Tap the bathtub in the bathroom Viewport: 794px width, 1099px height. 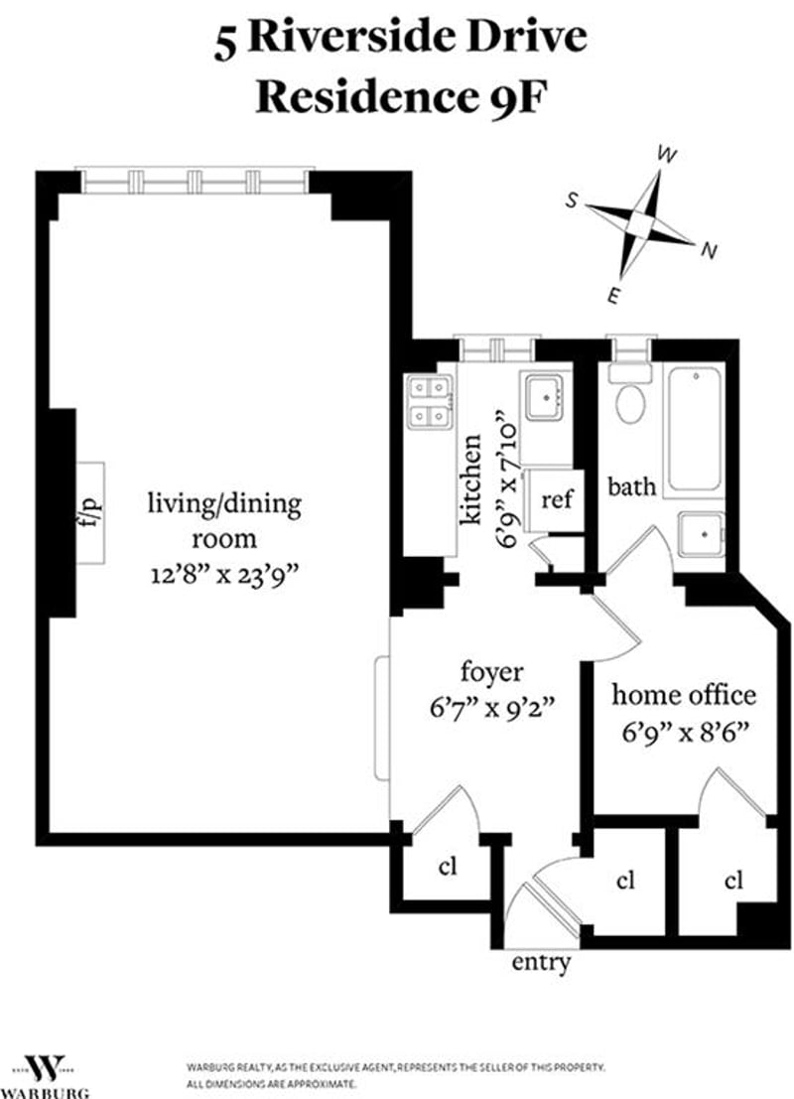coord(695,429)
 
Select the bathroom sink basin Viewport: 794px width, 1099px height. coord(701,535)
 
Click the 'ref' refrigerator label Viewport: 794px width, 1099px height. coord(557,499)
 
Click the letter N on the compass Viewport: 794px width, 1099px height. coord(710,250)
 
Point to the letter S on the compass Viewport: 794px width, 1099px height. coord(572,202)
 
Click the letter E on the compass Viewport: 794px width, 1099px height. coord(613,297)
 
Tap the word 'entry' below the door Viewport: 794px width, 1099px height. coord(541,962)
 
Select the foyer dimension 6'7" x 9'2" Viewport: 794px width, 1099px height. coord(492,708)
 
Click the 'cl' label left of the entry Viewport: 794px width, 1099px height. coord(447,867)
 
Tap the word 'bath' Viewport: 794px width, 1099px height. coord(632,485)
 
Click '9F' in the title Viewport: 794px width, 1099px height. coord(514,97)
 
